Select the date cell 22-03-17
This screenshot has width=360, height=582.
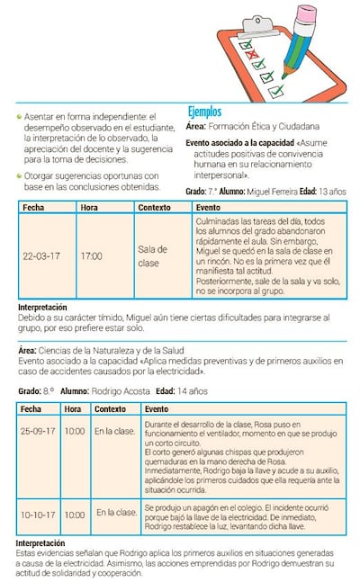click(x=41, y=256)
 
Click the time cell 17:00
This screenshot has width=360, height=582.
click(x=91, y=256)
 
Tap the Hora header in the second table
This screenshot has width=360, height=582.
click(x=73, y=408)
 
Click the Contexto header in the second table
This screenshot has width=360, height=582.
click(x=110, y=408)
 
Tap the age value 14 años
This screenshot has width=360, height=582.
click(x=193, y=391)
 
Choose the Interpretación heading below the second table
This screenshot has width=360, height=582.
click(x=41, y=544)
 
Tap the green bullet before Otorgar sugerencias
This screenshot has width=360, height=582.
click(x=20, y=175)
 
